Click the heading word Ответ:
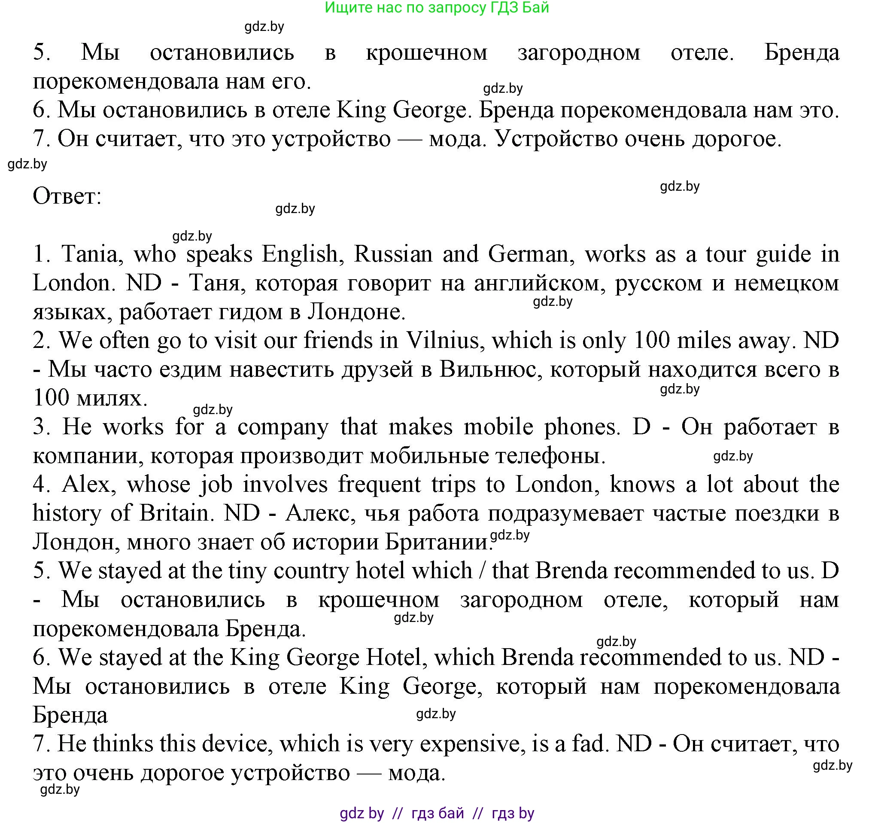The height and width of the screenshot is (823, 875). pyautogui.click(x=67, y=196)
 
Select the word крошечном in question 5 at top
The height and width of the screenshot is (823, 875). pyautogui.click(x=426, y=53)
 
